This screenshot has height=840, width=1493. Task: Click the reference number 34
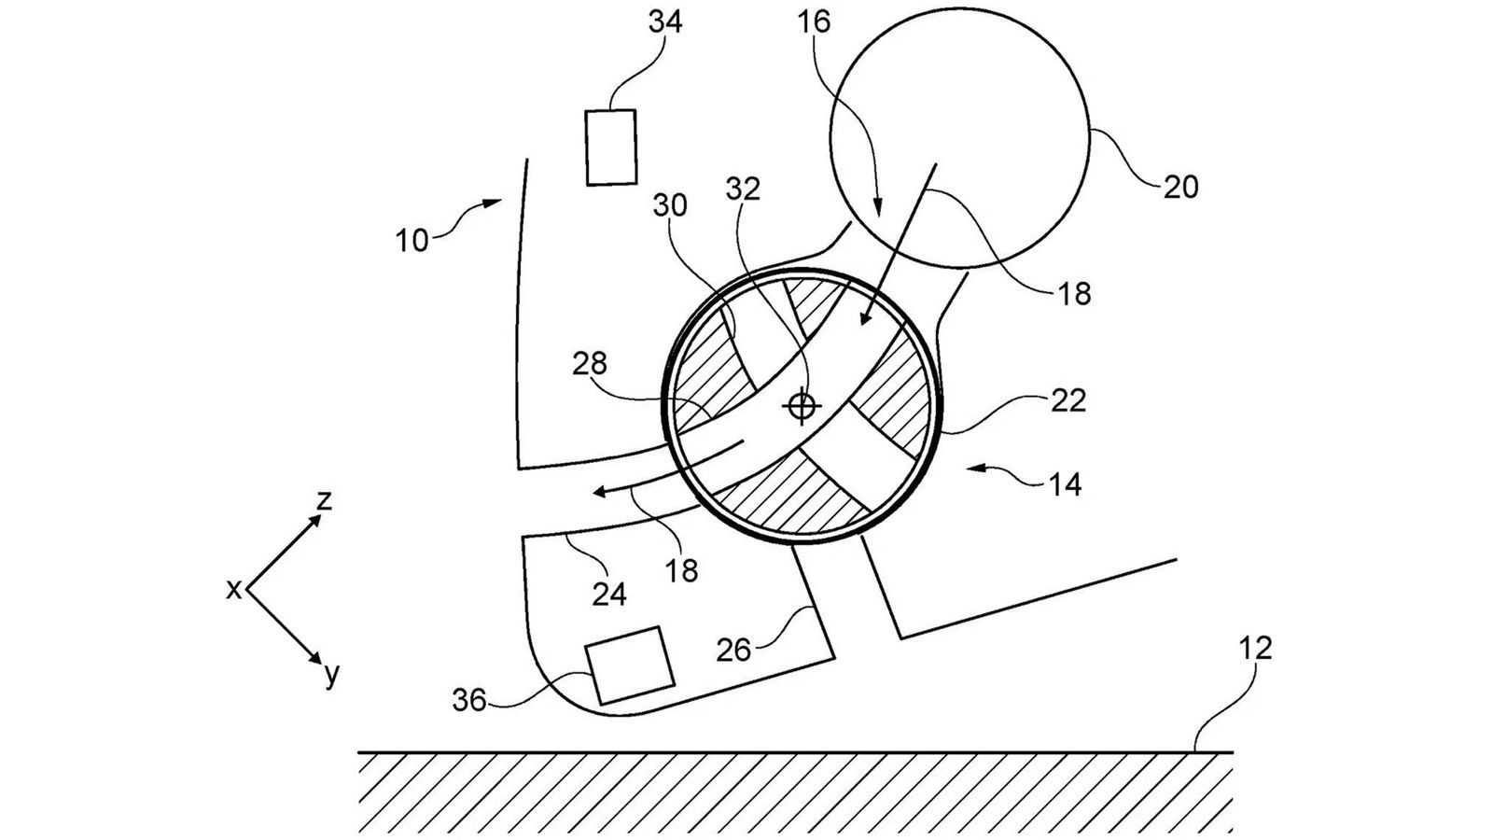[x=665, y=21]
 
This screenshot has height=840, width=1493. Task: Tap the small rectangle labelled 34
[x=611, y=147]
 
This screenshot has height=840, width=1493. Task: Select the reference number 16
[x=814, y=21]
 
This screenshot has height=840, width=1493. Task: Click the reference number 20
[x=1180, y=187]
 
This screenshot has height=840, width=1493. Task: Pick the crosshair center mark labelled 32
[x=802, y=406]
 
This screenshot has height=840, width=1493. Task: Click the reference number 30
[x=671, y=205]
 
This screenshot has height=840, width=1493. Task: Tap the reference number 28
[x=591, y=363]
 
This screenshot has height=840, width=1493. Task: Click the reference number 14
[x=1065, y=483]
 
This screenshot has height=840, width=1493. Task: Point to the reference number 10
[x=412, y=240]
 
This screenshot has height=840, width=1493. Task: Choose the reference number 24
[x=609, y=593]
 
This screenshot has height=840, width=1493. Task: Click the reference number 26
[x=733, y=649]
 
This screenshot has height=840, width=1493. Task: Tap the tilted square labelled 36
[x=630, y=665]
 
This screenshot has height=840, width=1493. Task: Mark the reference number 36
[x=469, y=699]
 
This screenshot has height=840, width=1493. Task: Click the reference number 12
[x=1255, y=648]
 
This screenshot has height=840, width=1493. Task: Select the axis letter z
[x=324, y=501]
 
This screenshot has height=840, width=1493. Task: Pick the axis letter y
[x=332, y=674]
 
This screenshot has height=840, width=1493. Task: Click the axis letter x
[x=233, y=589]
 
